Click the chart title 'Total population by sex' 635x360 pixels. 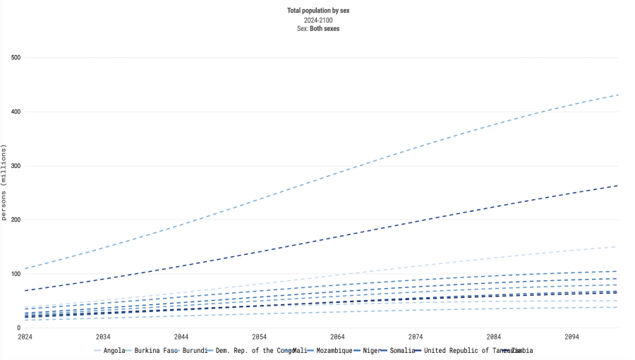(x=318, y=11)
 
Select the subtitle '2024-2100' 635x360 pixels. (x=318, y=20)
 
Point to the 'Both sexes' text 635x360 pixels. (x=325, y=29)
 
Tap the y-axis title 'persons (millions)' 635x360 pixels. (x=4, y=183)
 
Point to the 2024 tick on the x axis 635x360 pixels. (x=25, y=337)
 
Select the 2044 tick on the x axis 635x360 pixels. (x=181, y=337)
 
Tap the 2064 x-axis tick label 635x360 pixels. (x=337, y=337)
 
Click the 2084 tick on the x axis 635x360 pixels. (x=493, y=337)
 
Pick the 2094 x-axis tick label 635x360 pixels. (x=571, y=337)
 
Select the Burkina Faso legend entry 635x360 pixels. (x=152, y=350)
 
